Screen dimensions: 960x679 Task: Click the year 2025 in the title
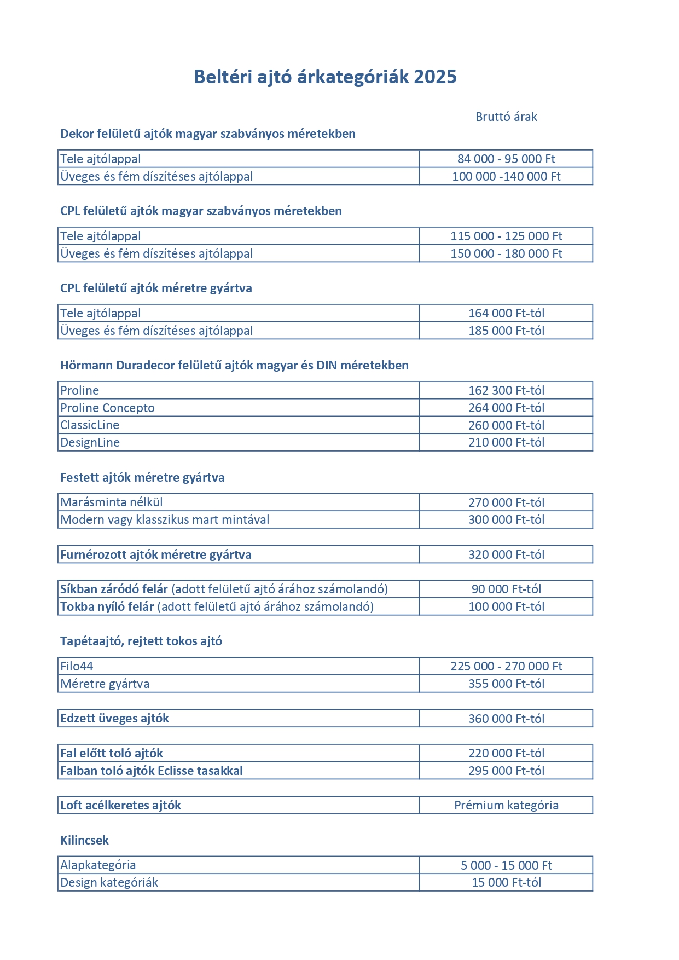click(x=435, y=77)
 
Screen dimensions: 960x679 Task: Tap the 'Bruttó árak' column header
click(x=506, y=117)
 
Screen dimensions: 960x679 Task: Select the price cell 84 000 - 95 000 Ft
click(x=506, y=159)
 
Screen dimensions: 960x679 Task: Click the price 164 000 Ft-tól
click(x=506, y=313)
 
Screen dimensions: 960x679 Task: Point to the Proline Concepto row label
click(x=107, y=408)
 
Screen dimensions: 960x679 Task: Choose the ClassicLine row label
click(x=90, y=425)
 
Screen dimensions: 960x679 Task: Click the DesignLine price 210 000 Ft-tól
click(x=506, y=442)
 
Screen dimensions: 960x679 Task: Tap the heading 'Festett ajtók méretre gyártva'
click(x=142, y=477)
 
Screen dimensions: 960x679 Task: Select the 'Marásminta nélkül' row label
click(x=112, y=502)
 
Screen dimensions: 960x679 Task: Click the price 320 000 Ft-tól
click(x=506, y=554)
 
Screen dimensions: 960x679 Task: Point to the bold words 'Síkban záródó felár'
click(x=114, y=589)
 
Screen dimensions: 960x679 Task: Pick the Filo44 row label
click(x=77, y=666)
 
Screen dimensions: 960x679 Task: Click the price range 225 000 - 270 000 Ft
click(x=506, y=666)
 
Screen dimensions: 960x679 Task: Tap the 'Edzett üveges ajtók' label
click(x=114, y=718)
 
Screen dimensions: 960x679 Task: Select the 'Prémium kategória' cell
click(x=506, y=805)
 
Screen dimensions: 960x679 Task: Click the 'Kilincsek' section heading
click(x=84, y=840)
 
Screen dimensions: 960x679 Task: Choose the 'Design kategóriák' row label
click(x=109, y=882)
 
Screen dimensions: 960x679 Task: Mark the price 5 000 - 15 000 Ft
click(x=506, y=865)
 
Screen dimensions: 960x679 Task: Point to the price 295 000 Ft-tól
click(x=506, y=771)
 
